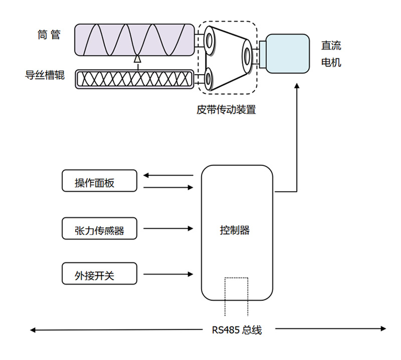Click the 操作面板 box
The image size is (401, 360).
[x=99, y=181]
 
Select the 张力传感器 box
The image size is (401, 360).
[x=99, y=229]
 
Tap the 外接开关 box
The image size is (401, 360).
[x=99, y=274]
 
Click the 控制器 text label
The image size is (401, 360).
[x=235, y=230]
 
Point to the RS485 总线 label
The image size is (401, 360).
[x=237, y=330]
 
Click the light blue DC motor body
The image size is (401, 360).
[x=288, y=54]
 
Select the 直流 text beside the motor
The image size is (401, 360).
[x=331, y=46]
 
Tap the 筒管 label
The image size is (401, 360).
[x=49, y=35]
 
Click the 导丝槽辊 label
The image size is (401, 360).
[x=45, y=75]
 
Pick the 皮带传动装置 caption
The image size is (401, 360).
[x=226, y=109]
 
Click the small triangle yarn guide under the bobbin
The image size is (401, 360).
[x=137, y=59]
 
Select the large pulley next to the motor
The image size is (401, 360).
[x=247, y=56]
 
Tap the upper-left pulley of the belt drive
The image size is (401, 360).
[x=210, y=41]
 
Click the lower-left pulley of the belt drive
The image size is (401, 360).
[x=208, y=79]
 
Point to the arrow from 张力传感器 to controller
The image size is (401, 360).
[x=168, y=229]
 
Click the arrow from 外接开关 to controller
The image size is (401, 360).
[x=168, y=274]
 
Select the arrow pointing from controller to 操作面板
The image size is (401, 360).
[x=168, y=175]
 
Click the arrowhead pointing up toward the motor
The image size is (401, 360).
[x=297, y=86]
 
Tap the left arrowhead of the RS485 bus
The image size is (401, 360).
[x=33, y=330]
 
